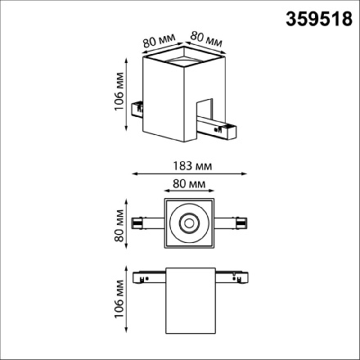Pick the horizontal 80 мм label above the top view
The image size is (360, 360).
pyautogui.click(x=188, y=184)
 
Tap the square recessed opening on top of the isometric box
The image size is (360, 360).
pyautogui.click(x=182, y=58)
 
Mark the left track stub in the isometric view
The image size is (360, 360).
pyautogui.click(x=139, y=104)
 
